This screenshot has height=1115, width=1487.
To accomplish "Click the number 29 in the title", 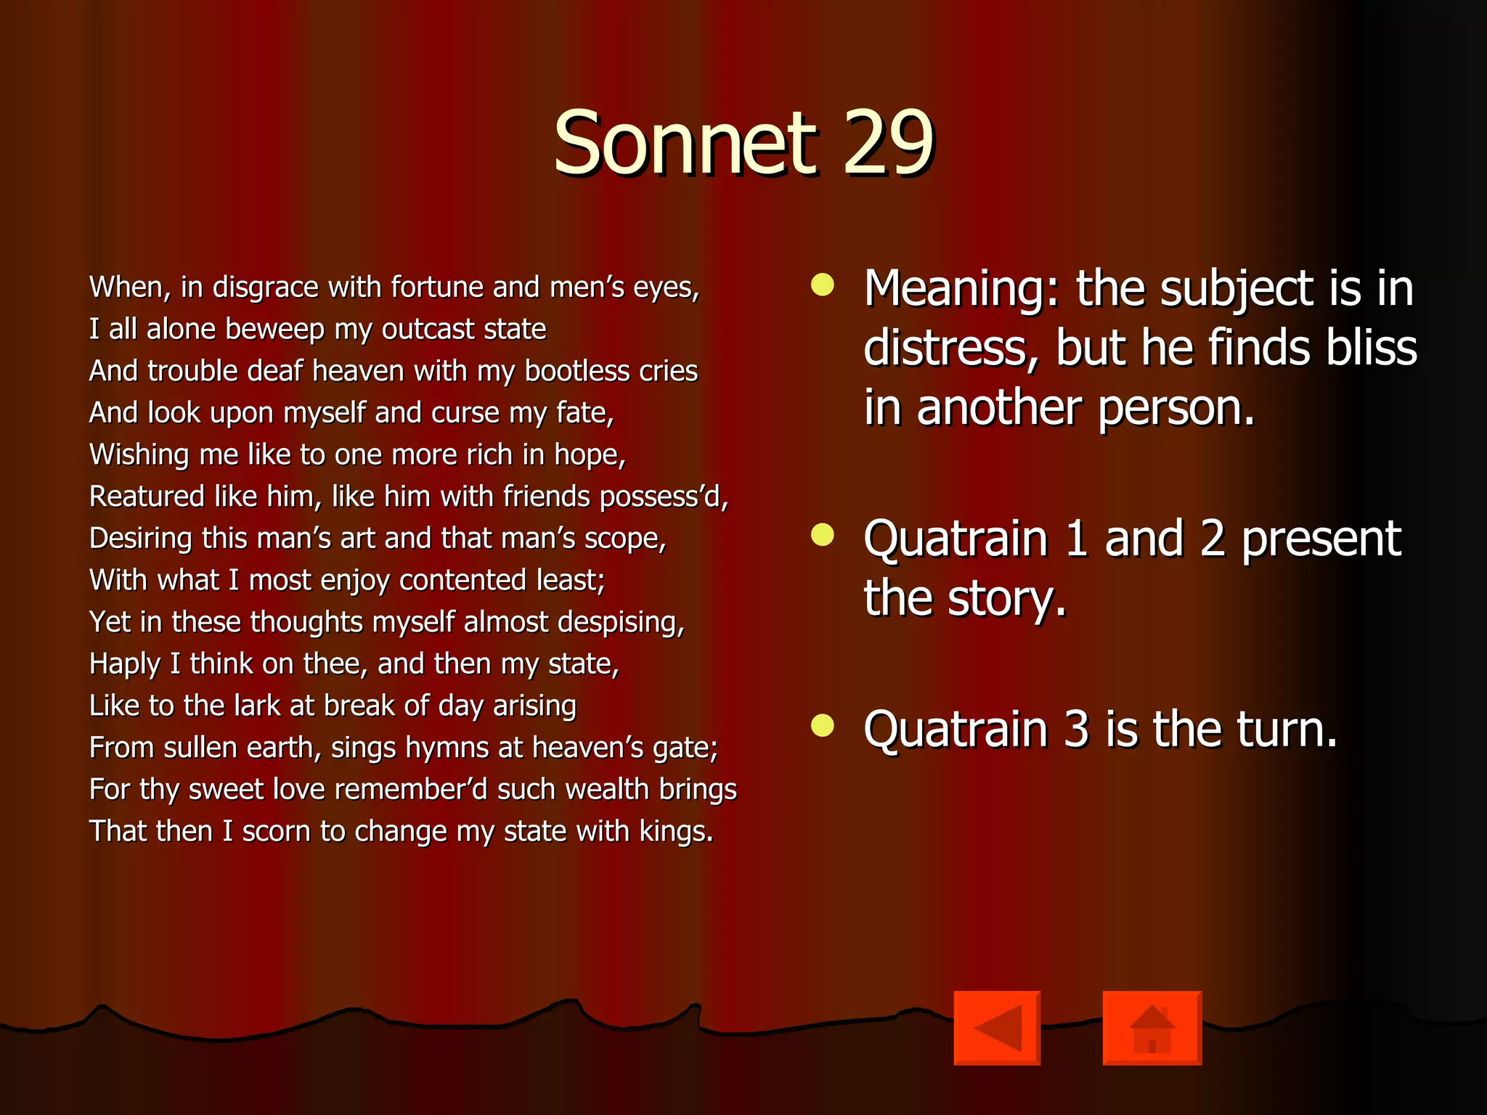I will [x=887, y=143].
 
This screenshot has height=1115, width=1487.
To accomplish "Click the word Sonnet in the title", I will [x=685, y=143].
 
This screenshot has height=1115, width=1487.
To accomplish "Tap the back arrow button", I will [x=997, y=1027].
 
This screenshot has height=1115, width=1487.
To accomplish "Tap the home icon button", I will [x=1152, y=1027].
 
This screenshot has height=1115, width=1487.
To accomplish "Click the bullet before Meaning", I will [x=823, y=285].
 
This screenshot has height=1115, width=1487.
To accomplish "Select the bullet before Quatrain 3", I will [x=823, y=725].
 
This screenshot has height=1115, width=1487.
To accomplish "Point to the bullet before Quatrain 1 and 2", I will [x=823, y=536].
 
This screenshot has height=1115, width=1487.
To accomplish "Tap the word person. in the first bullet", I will [x=1176, y=408].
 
